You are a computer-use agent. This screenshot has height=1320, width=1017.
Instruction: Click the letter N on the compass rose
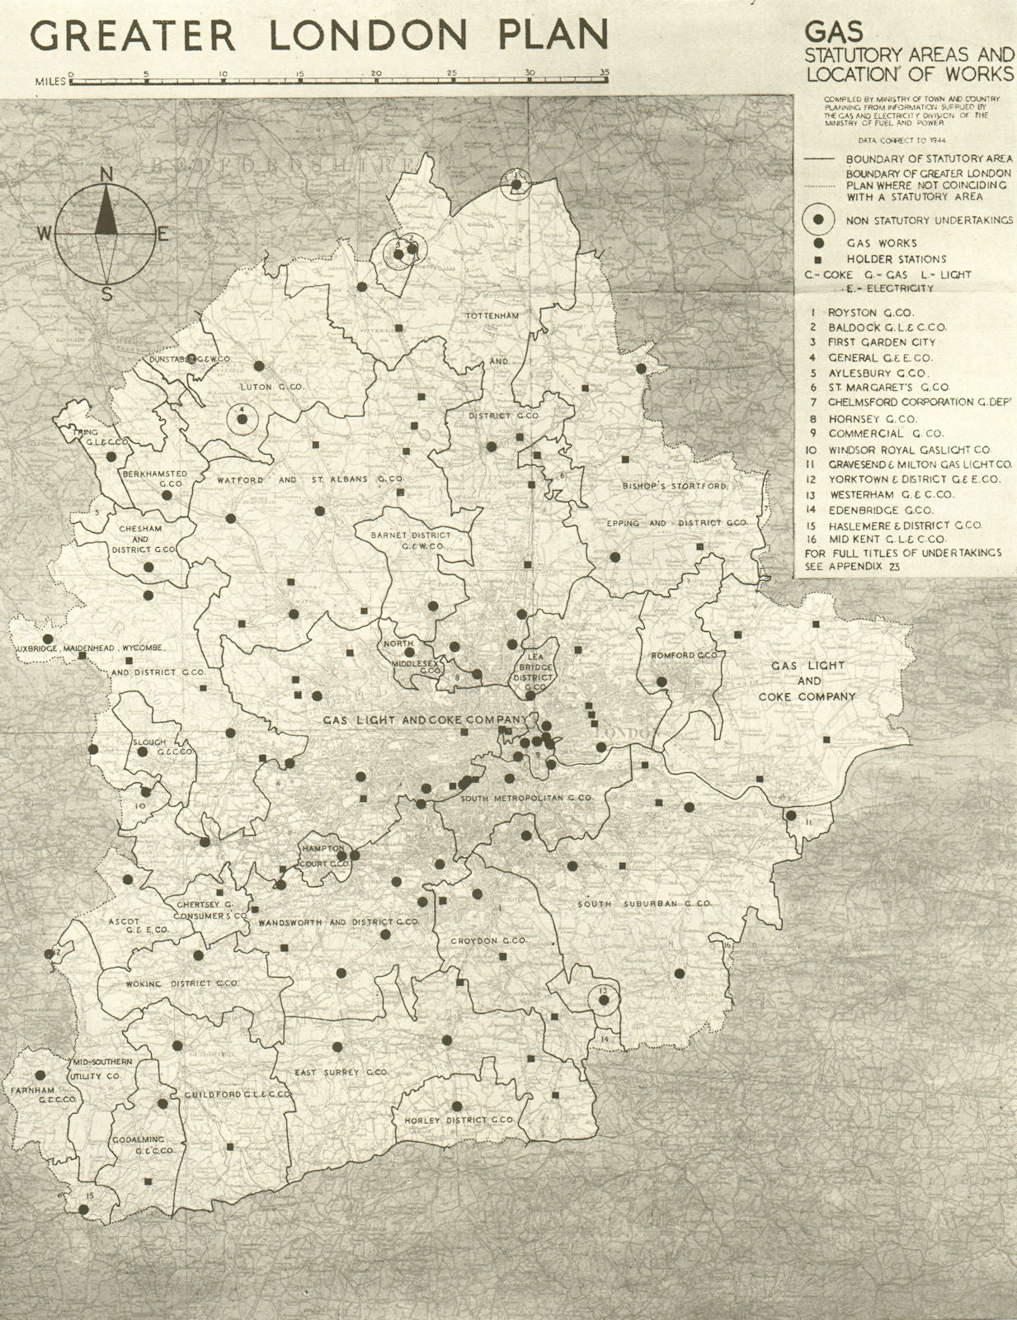106,174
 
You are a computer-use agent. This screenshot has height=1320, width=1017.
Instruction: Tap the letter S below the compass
106,295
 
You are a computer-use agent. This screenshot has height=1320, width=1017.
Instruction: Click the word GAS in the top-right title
834,32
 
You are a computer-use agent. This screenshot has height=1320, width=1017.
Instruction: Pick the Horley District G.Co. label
459,1120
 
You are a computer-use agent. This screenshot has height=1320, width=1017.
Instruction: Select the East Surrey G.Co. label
341,1072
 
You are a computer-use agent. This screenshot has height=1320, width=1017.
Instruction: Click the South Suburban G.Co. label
643,904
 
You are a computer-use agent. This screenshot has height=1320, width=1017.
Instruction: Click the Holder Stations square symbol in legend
817,259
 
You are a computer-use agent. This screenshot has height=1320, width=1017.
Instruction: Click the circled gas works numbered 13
604,1000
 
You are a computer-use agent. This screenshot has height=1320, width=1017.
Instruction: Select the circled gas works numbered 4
242,419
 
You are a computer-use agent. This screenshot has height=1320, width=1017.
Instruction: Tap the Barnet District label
408,535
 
